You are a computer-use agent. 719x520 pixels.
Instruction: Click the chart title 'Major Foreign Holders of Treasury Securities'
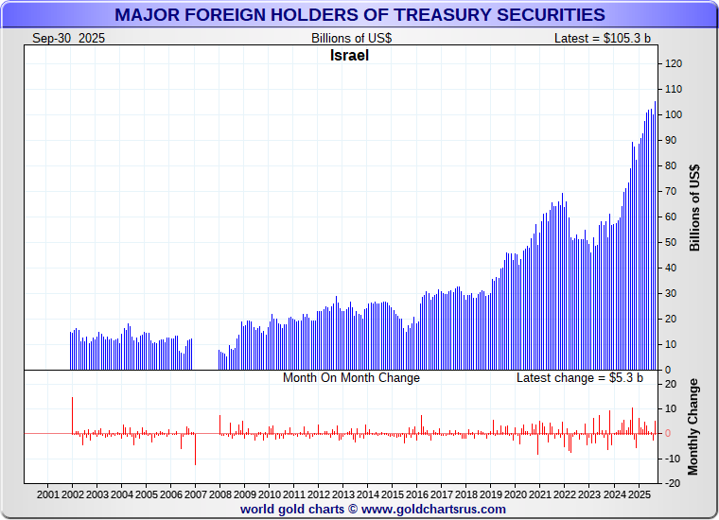(x=359, y=14)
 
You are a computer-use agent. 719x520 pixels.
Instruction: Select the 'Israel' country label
(x=349, y=55)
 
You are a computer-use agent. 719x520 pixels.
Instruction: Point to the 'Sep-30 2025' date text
(x=68, y=38)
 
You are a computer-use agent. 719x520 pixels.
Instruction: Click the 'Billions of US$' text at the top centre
(x=351, y=38)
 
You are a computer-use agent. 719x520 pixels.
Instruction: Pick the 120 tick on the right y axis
(x=674, y=63)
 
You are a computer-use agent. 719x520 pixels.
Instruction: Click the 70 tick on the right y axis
(x=671, y=191)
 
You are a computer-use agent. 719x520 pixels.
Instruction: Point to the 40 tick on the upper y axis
(x=671, y=268)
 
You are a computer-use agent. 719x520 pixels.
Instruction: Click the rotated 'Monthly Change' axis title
(x=694, y=426)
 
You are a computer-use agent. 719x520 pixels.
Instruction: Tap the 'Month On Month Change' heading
(x=351, y=377)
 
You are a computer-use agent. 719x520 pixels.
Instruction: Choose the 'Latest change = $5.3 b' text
(x=579, y=377)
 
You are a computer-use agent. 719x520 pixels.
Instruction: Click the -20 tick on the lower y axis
(x=673, y=482)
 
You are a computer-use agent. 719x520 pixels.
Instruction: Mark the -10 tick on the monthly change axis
(x=673, y=458)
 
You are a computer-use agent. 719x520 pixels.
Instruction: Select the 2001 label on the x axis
(x=48, y=494)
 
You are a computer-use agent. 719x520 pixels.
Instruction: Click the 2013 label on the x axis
(x=342, y=494)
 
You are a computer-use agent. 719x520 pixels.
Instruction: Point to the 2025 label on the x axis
(x=638, y=494)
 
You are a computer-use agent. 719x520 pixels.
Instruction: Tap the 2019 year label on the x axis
(x=490, y=494)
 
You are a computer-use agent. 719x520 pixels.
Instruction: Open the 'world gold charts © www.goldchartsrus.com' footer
(x=373, y=509)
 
